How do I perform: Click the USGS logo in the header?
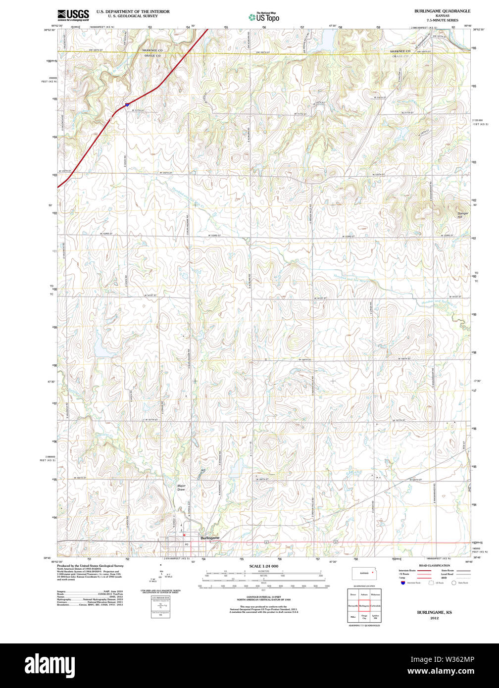73,14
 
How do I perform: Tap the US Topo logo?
264,17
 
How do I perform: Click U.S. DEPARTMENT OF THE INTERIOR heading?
133,11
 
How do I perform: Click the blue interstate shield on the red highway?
127,104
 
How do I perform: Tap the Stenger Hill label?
462,215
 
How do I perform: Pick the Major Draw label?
181,488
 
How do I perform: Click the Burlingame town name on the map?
209,538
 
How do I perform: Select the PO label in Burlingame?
187,544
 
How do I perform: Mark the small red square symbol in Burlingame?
184,535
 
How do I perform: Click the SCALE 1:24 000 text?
263,566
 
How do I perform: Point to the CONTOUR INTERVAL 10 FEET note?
263,598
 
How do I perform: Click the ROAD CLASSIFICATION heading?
434,565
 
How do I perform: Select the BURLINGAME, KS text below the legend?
434,612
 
